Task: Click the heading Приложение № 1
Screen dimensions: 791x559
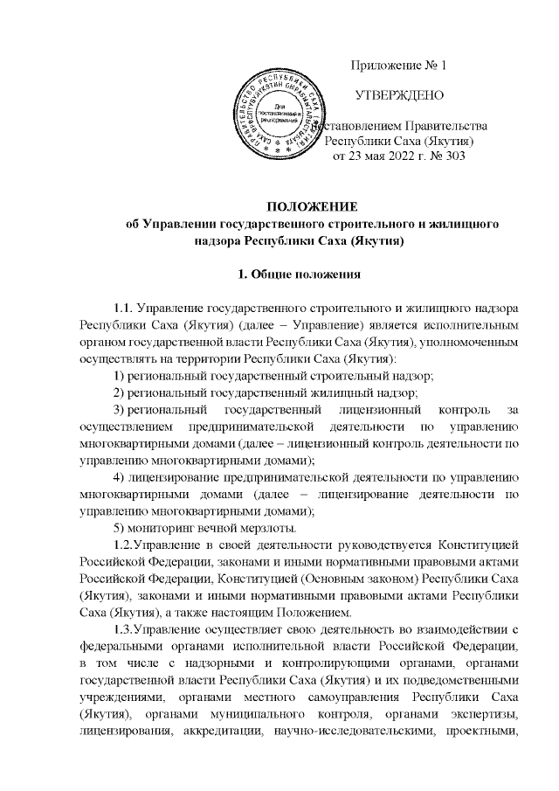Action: coord(398,66)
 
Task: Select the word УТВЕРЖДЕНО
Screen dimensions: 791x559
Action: coord(398,94)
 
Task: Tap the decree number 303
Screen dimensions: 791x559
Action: coord(452,157)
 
